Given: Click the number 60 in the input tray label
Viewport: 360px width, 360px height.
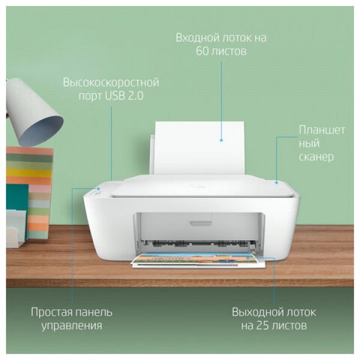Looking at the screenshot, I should (x=202, y=52).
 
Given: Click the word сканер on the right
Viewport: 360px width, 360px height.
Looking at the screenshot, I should (x=316, y=157).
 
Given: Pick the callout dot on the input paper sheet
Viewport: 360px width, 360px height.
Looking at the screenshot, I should (x=221, y=139).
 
